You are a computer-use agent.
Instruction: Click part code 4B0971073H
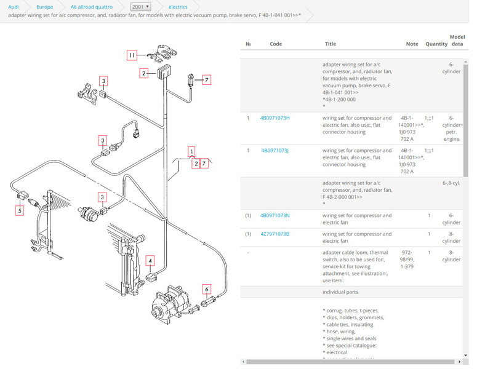click(275, 117)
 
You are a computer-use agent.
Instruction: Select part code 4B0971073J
click(275, 150)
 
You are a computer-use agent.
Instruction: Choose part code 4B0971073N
click(275, 215)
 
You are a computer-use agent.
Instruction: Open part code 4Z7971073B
click(275, 234)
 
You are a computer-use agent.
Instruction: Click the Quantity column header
click(436, 44)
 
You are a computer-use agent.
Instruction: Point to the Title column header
click(331, 44)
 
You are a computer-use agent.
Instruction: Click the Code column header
click(276, 44)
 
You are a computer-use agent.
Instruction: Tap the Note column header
click(412, 44)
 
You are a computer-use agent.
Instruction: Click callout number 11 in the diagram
click(132, 55)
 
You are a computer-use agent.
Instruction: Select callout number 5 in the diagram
click(20, 210)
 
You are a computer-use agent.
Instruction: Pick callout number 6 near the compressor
click(207, 289)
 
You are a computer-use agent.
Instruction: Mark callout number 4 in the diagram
click(150, 261)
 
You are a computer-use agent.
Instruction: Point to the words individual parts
click(340, 292)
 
